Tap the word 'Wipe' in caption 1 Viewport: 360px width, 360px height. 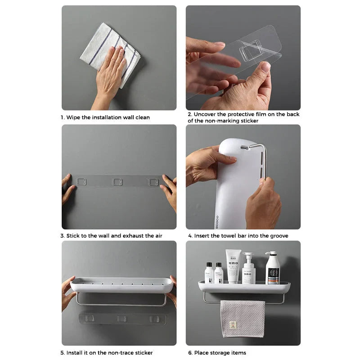click(73, 117)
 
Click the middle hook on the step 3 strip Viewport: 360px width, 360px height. click(117, 182)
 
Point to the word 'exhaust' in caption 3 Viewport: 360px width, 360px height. click(133, 236)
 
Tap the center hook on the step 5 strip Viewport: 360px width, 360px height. click(121, 319)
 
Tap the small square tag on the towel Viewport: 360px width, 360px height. click(233, 325)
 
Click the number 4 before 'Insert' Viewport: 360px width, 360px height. click(189, 236)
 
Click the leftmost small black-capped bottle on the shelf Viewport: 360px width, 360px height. click(209, 274)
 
